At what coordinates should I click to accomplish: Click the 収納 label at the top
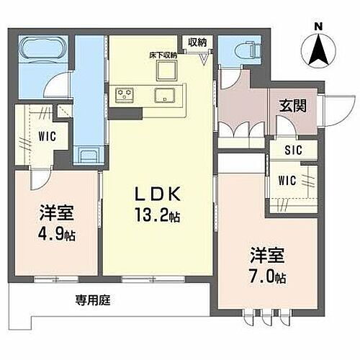pyautogui.click(x=197, y=42)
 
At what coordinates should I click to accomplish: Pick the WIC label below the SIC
pyautogui.click(x=287, y=179)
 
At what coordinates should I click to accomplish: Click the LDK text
pyautogui.click(x=158, y=195)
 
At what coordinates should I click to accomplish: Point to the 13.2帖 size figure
pyautogui.click(x=158, y=215)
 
